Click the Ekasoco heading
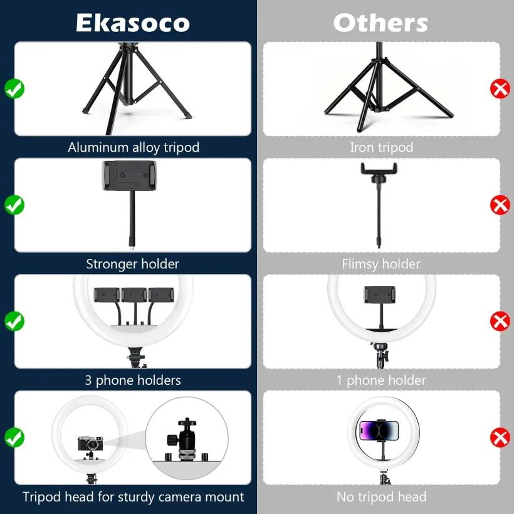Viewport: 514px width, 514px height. click(x=133, y=23)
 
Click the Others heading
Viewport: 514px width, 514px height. click(x=380, y=23)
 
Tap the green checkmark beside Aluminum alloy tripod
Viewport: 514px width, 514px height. click(x=14, y=88)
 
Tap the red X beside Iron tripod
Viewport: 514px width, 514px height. click(x=500, y=88)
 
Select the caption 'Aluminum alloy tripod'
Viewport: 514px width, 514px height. click(x=134, y=147)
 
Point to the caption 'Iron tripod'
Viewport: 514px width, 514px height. click(x=382, y=147)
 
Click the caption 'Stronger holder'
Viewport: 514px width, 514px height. click(x=133, y=264)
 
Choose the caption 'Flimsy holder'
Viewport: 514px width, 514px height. click(x=381, y=264)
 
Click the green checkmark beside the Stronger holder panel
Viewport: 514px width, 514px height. click(x=14, y=205)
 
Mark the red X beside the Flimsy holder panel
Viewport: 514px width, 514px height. click(x=500, y=205)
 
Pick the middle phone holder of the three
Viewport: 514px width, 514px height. click(x=134, y=295)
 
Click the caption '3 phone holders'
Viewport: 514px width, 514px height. click(x=133, y=380)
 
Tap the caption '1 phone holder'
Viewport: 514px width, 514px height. click(x=381, y=380)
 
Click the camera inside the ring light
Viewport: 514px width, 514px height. click(x=90, y=443)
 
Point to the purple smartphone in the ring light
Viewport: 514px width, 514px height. click(x=379, y=431)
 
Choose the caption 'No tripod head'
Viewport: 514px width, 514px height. click(x=381, y=497)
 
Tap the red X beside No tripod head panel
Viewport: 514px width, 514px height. click(x=500, y=438)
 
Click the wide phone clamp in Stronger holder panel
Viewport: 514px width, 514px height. click(x=129, y=176)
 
